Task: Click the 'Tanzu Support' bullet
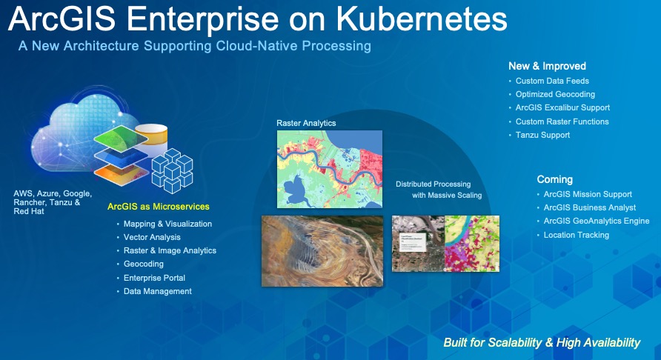tap(542, 135)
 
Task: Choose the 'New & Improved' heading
tap(547, 66)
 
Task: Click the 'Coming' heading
tap(555, 179)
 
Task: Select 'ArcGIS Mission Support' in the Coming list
tap(586, 194)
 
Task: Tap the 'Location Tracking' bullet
tap(576, 235)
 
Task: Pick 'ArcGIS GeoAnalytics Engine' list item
tap(596, 221)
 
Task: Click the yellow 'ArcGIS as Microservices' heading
tap(158, 206)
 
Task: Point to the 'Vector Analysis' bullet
tap(152, 237)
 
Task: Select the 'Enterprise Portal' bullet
tap(154, 278)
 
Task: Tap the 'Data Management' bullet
tap(157, 291)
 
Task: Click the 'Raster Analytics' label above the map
tap(306, 122)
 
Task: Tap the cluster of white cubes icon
tap(172, 170)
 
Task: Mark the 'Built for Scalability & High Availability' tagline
tap(541, 342)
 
